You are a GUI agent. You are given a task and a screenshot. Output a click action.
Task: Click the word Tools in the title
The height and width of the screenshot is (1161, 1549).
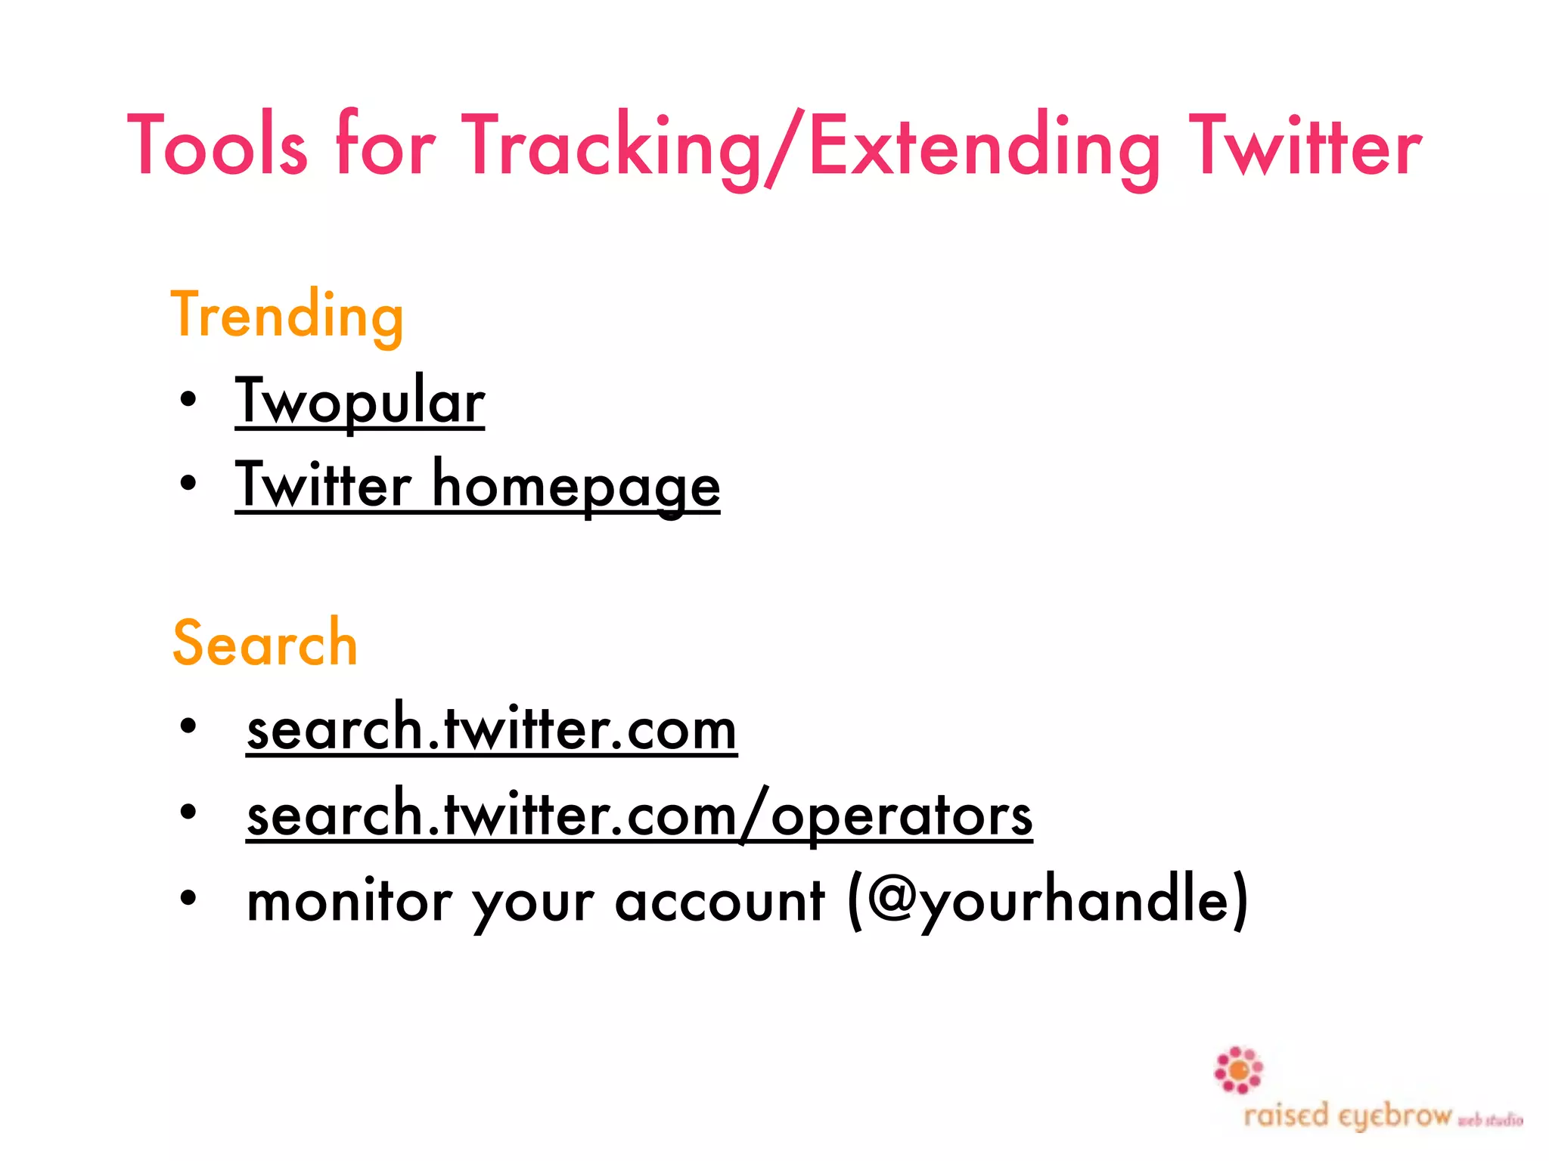click(x=218, y=145)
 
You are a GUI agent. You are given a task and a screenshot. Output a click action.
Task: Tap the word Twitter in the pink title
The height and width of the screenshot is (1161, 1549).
click(x=1305, y=145)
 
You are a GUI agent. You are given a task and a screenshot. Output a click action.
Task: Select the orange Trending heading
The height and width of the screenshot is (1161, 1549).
click(x=287, y=316)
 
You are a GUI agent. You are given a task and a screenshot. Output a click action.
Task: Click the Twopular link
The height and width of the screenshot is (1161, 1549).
click(x=360, y=402)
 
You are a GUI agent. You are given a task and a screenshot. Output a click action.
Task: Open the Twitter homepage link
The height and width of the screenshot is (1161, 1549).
click(x=477, y=486)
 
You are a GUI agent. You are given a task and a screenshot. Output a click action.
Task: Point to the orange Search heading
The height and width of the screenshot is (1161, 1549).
click(x=265, y=643)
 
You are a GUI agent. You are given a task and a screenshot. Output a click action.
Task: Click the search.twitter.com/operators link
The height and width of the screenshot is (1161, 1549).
click(x=639, y=815)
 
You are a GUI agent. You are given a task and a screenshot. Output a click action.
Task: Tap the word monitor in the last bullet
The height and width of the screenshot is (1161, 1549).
click(x=349, y=901)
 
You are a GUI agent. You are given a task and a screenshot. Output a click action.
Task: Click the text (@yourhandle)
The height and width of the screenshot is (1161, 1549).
click(x=1048, y=901)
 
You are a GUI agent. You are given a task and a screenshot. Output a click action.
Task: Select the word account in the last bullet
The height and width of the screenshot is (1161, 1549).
click(x=719, y=901)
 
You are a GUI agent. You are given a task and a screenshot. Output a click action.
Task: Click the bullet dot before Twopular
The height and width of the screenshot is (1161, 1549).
click(x=188, y=400)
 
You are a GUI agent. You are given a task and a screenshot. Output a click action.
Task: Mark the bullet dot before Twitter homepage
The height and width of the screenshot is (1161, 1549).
click(x=188, y=484)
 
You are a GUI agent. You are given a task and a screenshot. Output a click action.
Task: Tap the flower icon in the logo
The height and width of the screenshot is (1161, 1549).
click(x=1238, y=1070)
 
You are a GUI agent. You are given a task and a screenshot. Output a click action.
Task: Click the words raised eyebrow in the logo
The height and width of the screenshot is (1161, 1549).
click(x=1348, y=1116)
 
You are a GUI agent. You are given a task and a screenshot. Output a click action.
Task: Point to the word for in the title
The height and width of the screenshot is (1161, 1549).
click(x=384, y=145)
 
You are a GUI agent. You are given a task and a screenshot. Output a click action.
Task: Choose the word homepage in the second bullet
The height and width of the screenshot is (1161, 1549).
click(x=576, y=486)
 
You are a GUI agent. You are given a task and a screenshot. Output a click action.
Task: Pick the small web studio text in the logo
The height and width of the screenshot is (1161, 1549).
click(x=1490, y=1120)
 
